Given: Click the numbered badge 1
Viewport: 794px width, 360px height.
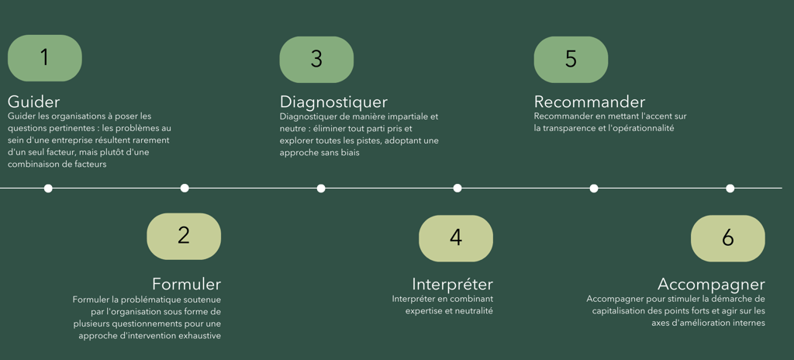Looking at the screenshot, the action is coord(44,57).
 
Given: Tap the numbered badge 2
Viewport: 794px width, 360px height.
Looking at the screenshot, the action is coord(184,236).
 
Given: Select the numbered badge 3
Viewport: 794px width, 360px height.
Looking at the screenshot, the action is coord(316,59).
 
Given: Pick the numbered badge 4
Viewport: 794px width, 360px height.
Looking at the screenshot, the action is coord(456,238).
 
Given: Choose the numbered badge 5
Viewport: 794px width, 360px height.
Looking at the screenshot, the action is coord(571,59).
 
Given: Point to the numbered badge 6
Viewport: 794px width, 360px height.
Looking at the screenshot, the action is coord(727,238).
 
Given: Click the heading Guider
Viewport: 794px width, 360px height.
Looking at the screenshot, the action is coord(33,102).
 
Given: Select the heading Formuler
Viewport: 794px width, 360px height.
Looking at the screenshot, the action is coord(186,284).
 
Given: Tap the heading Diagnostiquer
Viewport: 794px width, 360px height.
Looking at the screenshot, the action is coord(333,102).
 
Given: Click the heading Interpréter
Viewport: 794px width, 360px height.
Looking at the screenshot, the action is coord(452,284).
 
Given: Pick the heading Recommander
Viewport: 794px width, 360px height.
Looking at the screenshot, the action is coord(589,102).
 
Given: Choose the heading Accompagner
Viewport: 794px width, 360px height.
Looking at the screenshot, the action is coord(711,284).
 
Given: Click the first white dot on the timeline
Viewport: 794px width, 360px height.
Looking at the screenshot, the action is coord(48,188).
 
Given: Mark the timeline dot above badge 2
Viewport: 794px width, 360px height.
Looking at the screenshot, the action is coord(185,188).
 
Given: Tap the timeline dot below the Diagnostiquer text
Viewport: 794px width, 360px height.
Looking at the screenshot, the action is coord(321,188).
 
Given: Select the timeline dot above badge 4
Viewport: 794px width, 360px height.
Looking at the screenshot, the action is coord(457,188).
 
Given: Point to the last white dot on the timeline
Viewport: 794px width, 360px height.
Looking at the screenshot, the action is coord(730,188).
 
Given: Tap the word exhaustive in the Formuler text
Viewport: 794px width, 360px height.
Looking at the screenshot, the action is coord(197,336).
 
